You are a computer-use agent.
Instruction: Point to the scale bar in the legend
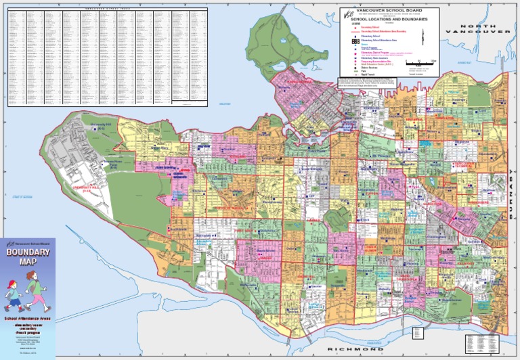[x=419, y=62]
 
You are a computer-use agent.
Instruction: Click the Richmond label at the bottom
[x=356, y=350]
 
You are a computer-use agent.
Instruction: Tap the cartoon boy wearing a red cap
[x=15, y=290]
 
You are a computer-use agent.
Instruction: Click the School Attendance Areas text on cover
[x=28, y=317]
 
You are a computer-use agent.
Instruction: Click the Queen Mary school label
[x=160, y=147]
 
